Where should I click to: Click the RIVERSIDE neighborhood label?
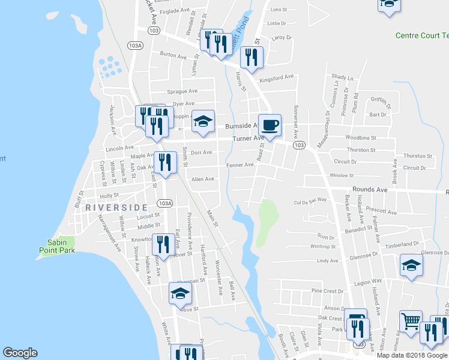(116, 207)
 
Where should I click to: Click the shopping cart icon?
(411, 322)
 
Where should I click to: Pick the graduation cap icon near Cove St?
(179, 293)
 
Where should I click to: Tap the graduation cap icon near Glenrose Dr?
(411, 265)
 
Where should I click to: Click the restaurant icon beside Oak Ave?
(162, 162)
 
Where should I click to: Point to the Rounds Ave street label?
(370, 190)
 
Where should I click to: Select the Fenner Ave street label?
(240, 164)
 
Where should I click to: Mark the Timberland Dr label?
(402, 244)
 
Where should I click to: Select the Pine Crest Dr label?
(326, 290)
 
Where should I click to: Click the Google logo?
(20, 353)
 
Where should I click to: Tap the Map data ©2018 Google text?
(412, 355)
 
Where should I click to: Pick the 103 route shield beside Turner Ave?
(298, 145)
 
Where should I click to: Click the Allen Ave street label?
(202, 179)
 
